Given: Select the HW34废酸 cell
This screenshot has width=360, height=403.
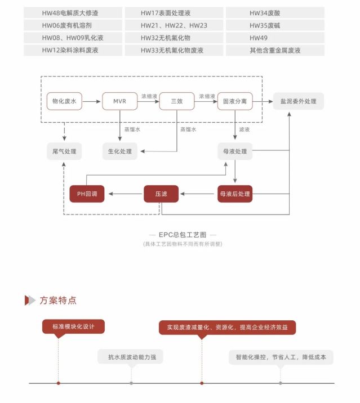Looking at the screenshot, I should tap(275, 13).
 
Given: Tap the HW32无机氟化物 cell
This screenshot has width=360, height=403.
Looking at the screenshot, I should tap(174, 38).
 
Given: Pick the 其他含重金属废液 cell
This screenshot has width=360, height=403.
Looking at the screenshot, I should tap(275, 50).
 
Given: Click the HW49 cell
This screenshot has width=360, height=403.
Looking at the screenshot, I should tap(275, 38).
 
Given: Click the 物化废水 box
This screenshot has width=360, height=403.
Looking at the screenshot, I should tap(65, 101).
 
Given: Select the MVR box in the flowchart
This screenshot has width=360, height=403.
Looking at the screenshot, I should tap(120, 101).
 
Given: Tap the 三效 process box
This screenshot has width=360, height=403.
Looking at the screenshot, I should tap(176, 101).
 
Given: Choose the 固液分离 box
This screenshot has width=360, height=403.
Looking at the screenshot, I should tap(235, 101).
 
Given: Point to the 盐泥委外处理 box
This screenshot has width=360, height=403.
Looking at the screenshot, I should tap(298, 101).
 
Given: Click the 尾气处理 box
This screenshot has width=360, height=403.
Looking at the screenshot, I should tap(64, 151).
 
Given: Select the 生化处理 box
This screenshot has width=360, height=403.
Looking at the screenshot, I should tap(120, 151).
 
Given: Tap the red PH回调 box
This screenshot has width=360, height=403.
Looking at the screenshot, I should tap(87, 194).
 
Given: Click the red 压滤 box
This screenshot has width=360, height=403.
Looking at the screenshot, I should tap(161, 194).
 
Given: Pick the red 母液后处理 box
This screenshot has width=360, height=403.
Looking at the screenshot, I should tap(235, 194).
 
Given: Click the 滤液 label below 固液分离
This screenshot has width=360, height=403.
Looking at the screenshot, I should tap(245, 129).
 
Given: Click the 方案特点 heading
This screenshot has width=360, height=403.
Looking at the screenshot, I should tap(57, 300).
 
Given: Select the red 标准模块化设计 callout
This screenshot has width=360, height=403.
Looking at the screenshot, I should tap(73, 326).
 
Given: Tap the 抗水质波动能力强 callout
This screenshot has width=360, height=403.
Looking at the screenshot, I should tap(131, 357).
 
